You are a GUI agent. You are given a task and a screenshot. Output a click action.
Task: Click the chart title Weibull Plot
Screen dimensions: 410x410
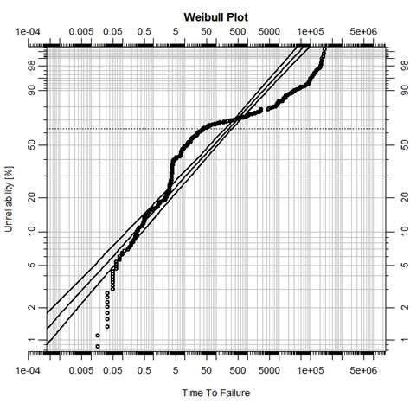pos(215,17)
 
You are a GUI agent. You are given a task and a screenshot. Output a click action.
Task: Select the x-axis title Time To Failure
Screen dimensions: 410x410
pos(215,394)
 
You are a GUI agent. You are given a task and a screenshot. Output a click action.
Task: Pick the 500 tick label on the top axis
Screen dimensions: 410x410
pos(238,33)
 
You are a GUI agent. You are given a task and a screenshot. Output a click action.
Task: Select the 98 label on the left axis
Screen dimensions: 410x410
pos(32,65)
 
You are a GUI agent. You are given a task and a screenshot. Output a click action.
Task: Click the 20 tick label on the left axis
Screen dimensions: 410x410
pos(32,197)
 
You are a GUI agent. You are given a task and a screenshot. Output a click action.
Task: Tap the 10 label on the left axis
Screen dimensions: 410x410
pos(32,232)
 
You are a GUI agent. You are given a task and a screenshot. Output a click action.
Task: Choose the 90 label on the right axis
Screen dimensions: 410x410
pos(397,89)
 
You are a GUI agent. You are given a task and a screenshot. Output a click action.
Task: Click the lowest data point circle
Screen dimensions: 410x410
pos(98,346)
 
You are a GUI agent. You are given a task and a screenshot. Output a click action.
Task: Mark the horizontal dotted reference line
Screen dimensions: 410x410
pos(259,129)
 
